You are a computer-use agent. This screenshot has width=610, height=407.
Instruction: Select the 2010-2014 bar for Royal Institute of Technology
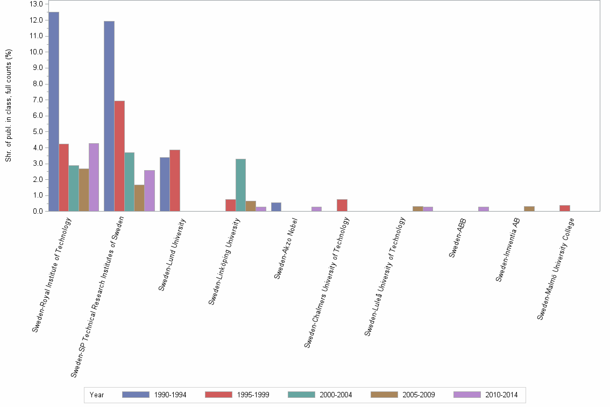(94, 177)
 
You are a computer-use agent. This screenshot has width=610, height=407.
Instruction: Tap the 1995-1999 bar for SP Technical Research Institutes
(119, 156)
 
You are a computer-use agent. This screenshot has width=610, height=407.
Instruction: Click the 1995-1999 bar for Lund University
(175, 180)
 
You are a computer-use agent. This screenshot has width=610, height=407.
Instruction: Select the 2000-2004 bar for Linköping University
(240, 185)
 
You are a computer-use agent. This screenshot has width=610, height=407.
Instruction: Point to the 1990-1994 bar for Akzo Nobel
(276, 207)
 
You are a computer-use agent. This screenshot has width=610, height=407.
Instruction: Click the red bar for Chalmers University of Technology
(342, 205)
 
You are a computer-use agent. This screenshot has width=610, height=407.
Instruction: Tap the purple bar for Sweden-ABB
(483, 209)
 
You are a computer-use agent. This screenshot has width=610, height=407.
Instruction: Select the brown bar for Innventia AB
(529, 209)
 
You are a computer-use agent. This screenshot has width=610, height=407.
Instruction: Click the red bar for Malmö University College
(564, 208)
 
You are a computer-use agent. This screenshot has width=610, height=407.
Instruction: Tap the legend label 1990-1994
(170, 395)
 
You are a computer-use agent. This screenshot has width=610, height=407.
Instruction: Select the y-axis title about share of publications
(8, 105)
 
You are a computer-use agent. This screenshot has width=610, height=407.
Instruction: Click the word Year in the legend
(97, 395)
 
